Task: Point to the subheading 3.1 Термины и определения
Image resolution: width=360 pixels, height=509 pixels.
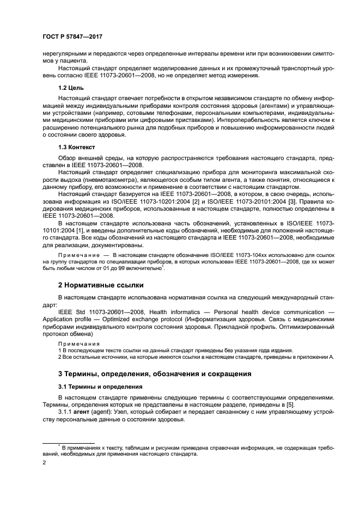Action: point(100,386)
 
